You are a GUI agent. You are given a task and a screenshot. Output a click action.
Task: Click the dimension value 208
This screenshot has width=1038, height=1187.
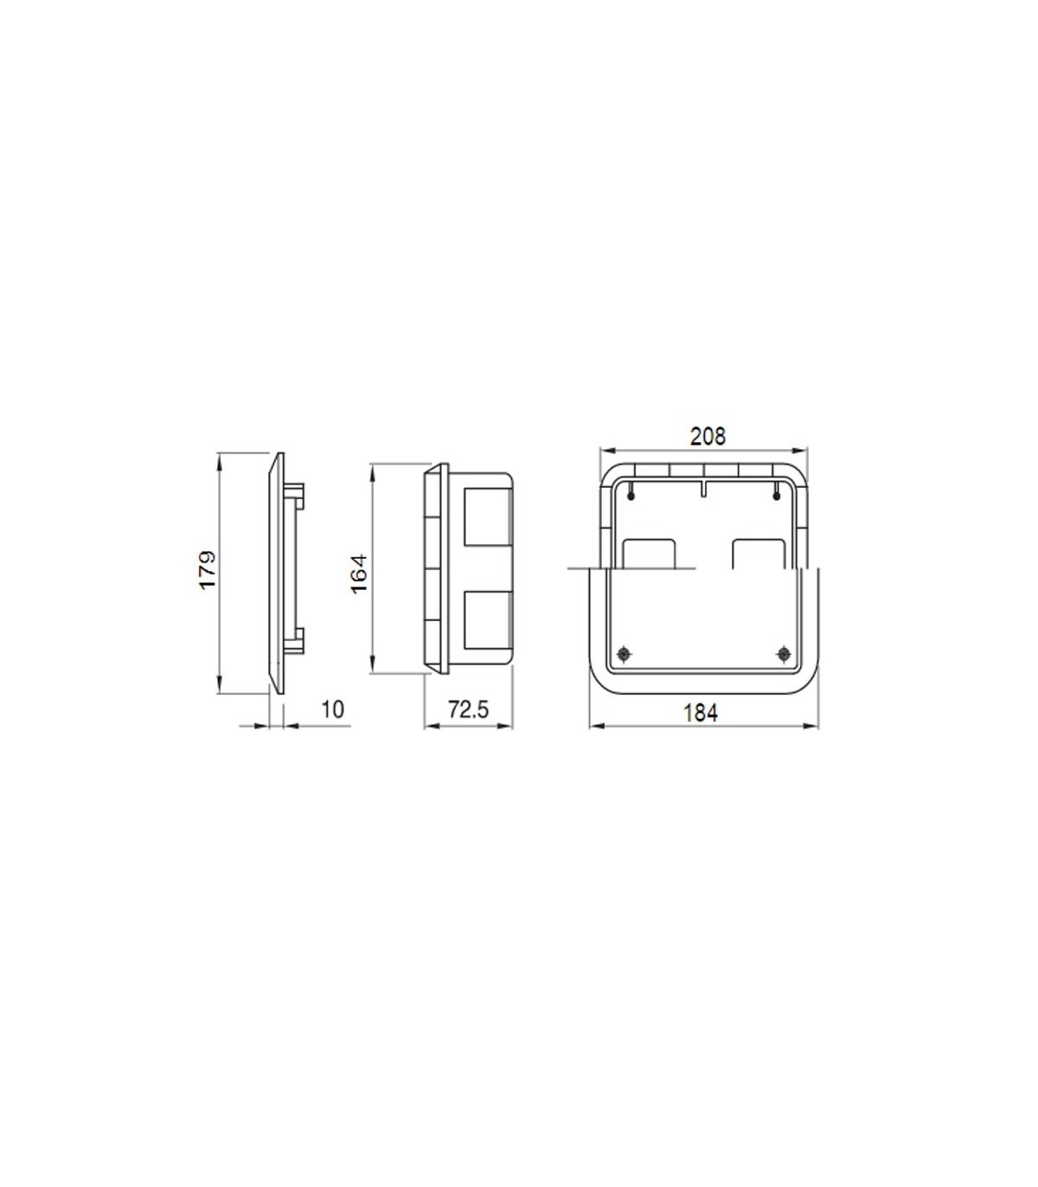pos(708,436)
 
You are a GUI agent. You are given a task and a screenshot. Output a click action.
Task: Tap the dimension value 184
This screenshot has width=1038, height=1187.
pos(701,713)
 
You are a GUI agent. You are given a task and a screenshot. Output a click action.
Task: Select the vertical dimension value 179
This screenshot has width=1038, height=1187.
pos(208,570)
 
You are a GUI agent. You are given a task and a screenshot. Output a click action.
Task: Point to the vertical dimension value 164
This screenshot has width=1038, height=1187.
pos(359,574)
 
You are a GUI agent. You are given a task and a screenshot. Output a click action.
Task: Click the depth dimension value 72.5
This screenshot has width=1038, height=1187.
pos(469,709)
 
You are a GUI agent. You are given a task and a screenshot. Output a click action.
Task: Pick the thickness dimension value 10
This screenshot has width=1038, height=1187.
pos(333,709)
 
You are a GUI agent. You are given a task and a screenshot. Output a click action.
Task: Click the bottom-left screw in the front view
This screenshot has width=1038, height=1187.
pos(624,654)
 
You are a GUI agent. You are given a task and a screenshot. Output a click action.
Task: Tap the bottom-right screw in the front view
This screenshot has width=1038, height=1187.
pos(784,654)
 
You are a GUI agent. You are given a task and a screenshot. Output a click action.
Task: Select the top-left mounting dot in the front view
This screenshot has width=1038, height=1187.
pos(631,496)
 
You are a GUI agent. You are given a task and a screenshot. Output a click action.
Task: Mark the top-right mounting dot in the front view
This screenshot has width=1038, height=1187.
pos(777,496)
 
